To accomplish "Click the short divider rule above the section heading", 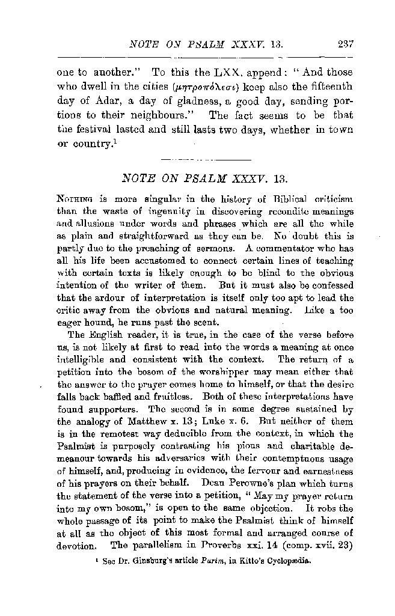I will [206, 160].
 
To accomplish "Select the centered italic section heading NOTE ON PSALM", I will [206, 179].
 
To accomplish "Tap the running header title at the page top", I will [206, 44].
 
